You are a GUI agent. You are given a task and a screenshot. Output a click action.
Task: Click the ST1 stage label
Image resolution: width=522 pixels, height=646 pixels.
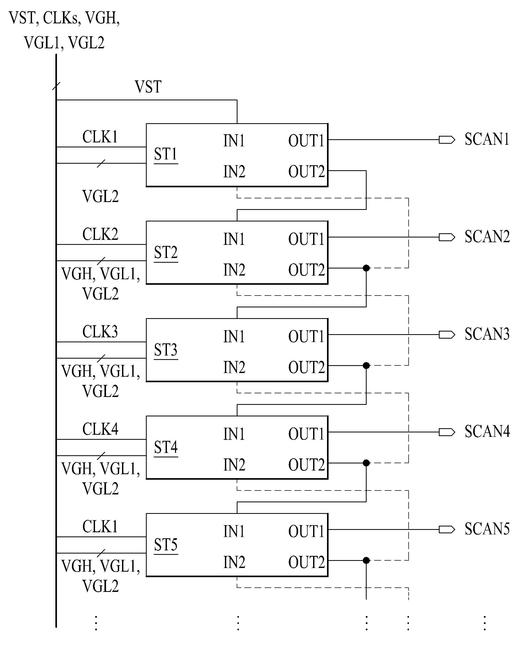166,154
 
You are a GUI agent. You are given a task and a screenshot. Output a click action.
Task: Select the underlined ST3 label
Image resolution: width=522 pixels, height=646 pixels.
166,350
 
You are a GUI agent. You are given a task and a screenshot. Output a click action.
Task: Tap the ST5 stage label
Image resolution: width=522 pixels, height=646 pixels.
166,545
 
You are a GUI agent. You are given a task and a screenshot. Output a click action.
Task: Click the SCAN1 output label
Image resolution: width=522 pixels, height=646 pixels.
487,139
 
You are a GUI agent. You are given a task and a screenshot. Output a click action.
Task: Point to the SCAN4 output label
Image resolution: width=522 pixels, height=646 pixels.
487,432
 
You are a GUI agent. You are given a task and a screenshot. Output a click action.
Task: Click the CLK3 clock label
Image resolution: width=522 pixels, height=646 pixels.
100,332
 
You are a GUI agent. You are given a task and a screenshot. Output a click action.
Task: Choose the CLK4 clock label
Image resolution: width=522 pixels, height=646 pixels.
101,429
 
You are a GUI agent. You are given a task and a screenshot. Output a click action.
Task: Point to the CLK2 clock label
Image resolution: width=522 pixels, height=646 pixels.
101,234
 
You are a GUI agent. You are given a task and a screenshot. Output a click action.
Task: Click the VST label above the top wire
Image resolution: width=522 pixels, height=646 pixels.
148,87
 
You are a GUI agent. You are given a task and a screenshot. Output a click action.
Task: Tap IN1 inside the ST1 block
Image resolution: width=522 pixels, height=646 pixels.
234,141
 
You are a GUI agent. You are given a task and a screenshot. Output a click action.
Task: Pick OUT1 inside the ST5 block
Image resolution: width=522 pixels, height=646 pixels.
306,531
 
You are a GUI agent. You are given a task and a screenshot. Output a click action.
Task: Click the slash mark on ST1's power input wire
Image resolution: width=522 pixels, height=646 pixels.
101,163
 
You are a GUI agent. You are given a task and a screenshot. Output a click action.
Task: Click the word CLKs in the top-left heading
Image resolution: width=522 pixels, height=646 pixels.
61,18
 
